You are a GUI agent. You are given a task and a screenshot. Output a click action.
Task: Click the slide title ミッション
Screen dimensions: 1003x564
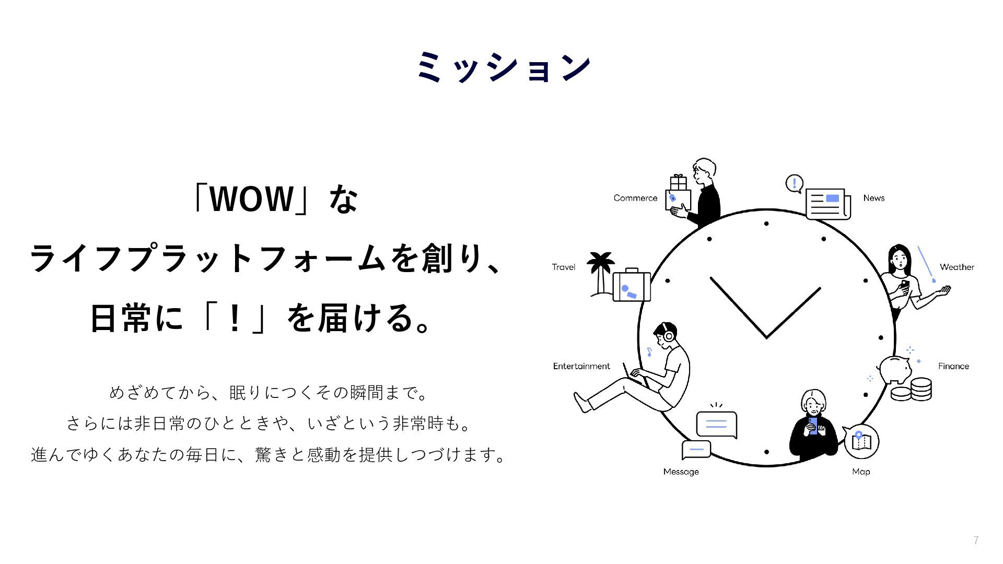click(x=504, y=67)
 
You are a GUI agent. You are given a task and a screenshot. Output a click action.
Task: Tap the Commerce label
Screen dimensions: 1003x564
click(x=635, y=198)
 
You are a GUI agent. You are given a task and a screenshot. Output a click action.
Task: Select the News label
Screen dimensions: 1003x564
click(x=873, y=198)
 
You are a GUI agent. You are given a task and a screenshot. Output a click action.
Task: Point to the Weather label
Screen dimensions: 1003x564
click(x=957, y=267)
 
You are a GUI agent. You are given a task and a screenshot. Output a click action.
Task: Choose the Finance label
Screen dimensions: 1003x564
click(x=953, y=366)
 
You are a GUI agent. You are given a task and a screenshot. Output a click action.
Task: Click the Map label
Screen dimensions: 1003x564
click(x=860, y=472)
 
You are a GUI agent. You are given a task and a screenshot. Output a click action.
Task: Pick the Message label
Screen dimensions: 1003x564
click(x=681, y=472)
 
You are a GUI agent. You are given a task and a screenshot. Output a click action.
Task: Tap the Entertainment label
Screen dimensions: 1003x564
click(x=581, y=366)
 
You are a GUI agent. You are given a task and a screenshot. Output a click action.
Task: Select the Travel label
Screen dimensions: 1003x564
click(x=563, y=267)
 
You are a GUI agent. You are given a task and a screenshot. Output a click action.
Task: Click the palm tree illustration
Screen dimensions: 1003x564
click(x=600, y=272)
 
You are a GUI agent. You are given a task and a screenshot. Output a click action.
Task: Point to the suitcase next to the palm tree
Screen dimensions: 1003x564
click(x=632, y=286)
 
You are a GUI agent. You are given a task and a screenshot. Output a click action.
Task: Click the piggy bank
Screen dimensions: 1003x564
click(x=895, y=369)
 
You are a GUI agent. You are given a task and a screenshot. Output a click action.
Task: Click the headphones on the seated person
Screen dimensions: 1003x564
click(x=667, y=335)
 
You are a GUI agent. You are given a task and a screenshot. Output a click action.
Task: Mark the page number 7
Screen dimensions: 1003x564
click(x=976, y=540)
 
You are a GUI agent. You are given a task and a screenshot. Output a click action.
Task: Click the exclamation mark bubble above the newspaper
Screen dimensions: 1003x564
click(x=794, y=183)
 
